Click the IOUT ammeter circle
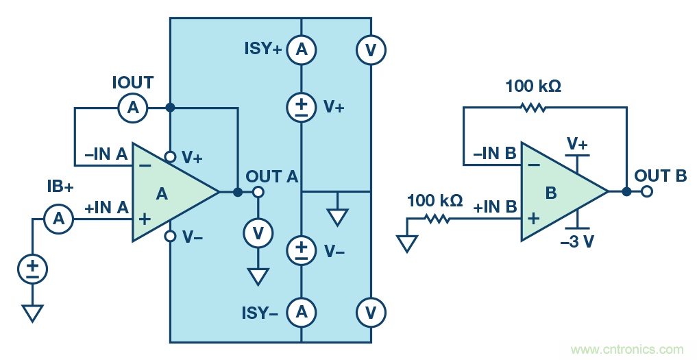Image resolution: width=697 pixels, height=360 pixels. pyautogui.click(x=133, y=108)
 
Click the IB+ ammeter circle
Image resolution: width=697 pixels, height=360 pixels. pyautogui.click(x=59, y=219)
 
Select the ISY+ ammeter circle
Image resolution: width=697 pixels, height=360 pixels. pyautogui.click(x=301, y=49)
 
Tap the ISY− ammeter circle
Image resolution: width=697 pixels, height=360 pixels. pyautogui.click(x=301, y=313)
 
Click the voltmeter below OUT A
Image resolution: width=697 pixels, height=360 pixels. pyautogui.click(x=258, y=234)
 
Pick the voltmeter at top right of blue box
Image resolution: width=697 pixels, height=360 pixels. pyautogui.click(x=371, y=49)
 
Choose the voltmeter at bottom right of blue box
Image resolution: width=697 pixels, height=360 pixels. pyautogui.click(x=371, y=313)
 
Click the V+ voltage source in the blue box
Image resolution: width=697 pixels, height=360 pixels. pyautogui.click(x=301, y=107)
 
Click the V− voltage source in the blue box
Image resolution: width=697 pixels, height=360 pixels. pyautogui.click(x=301, y=250)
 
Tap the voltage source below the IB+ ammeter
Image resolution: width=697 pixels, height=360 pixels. pyautogui.click(x=32, y=268)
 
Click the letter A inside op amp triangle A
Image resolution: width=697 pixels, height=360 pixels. pyautogui.click(x=162, y=194)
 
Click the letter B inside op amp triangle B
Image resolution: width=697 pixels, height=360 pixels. pyautogui.click(x=550, y=193)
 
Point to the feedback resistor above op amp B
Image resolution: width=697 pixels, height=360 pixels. pyautogui.click(x=533, y=107)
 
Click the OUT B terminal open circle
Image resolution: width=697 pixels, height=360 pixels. pyautogui.click(x=646, y=192)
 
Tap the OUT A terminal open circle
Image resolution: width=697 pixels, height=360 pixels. pyautogui.click(x=258, y=192)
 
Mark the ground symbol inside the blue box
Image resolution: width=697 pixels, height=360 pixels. pyautogui.click(x=337, y=217)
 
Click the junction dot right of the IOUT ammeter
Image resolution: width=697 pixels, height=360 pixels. pyautogui.click(x=170, y=108)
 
